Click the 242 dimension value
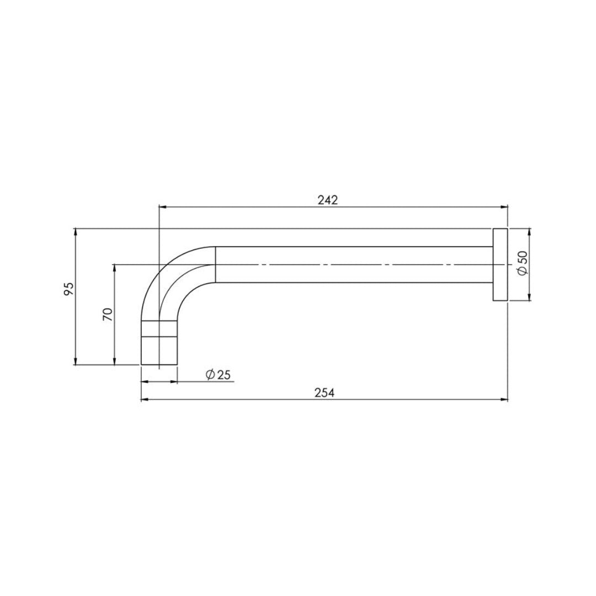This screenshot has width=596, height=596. [x=327, y=200]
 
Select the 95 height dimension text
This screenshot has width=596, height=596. [x=68, y=289]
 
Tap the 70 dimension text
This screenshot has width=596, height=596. [x=108, y=315]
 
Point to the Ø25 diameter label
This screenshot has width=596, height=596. [x=217, y=375]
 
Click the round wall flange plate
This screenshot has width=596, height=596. [x=500, y=264]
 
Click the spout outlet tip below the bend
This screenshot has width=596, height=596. [x=159, y=350]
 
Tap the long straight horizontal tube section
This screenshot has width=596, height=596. [x=353, y=264]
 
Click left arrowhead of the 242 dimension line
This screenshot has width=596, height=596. [x=162, y=207]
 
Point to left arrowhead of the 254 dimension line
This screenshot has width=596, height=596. [x=145, y=399]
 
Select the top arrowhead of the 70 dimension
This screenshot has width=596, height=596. [x=114, y=268]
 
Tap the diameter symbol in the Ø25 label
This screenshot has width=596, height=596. [x=210, y=375]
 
